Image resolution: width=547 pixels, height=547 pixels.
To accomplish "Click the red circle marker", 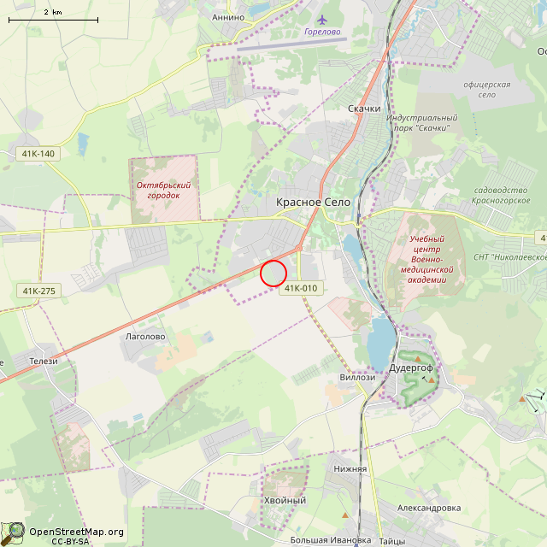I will pos(273,273).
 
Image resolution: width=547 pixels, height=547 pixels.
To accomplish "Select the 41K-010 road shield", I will pos(301,288).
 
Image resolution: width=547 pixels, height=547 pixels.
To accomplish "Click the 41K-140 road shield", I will pos(35,154).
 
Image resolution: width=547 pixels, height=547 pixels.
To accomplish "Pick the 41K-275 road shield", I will pos(38,291).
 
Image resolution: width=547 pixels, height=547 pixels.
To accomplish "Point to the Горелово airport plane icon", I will pos(321,20).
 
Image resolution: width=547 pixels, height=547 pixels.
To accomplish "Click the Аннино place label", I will pos(228,17).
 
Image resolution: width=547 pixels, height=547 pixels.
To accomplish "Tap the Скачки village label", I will pos(365,109).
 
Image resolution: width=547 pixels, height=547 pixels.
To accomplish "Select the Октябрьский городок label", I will pos(163,190).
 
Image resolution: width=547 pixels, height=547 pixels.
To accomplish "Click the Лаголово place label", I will pos(145,337).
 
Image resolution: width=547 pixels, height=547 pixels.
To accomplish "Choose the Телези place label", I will pos(43,361).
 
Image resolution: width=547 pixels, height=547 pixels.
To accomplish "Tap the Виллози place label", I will pos(357,377).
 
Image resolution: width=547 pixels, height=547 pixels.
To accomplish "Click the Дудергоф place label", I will pos(412,368).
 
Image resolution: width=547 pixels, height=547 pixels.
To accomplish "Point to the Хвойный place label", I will pos(285,500).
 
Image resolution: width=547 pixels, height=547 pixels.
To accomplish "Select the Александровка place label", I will pos(428,508).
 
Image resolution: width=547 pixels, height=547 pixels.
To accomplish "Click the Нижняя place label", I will pos(350,468).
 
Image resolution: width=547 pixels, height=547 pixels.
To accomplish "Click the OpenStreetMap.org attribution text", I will pos(76,532).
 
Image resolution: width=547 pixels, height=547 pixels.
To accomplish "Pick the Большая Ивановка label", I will pos(330,540).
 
